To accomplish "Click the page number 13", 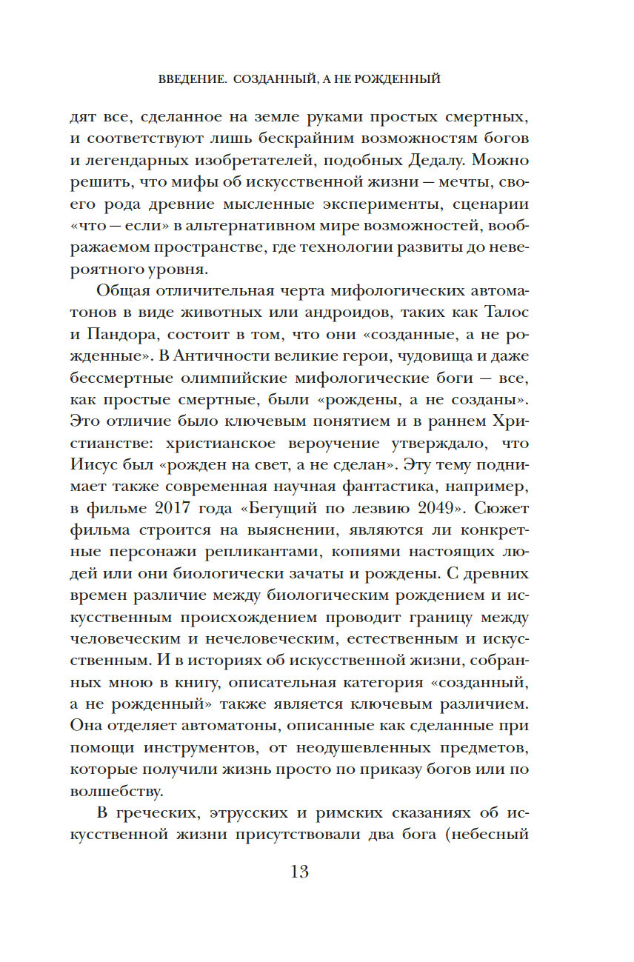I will coord(299,872).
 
